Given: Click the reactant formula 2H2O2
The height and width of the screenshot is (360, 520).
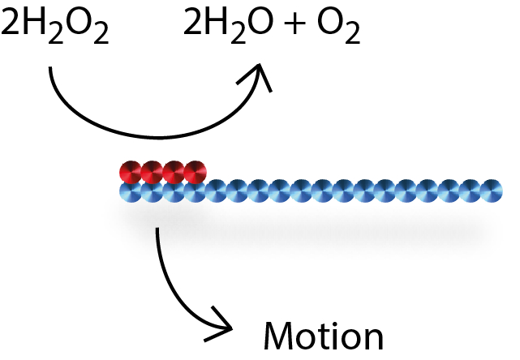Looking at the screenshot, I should tap(55, 29).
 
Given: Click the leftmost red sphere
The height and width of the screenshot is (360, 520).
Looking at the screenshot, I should tap(131, 173).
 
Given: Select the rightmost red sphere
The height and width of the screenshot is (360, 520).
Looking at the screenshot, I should tap(196, 173).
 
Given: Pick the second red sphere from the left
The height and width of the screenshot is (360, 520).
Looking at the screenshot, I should tap(153, 173).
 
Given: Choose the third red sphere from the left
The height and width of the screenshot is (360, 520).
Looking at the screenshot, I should tap(174, 173).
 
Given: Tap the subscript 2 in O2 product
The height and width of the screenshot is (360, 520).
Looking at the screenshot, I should tap(354, 37).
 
